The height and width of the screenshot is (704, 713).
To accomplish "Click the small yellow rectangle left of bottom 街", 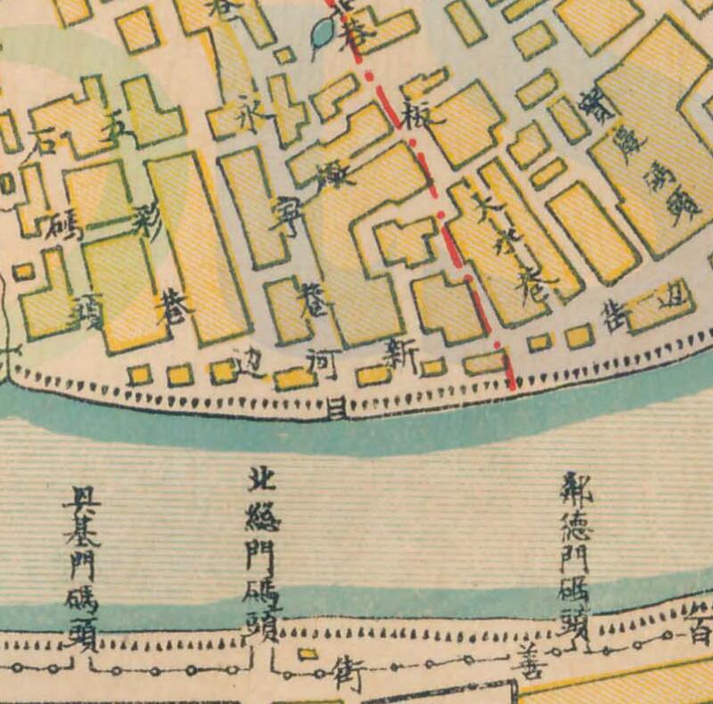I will point(307,655).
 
